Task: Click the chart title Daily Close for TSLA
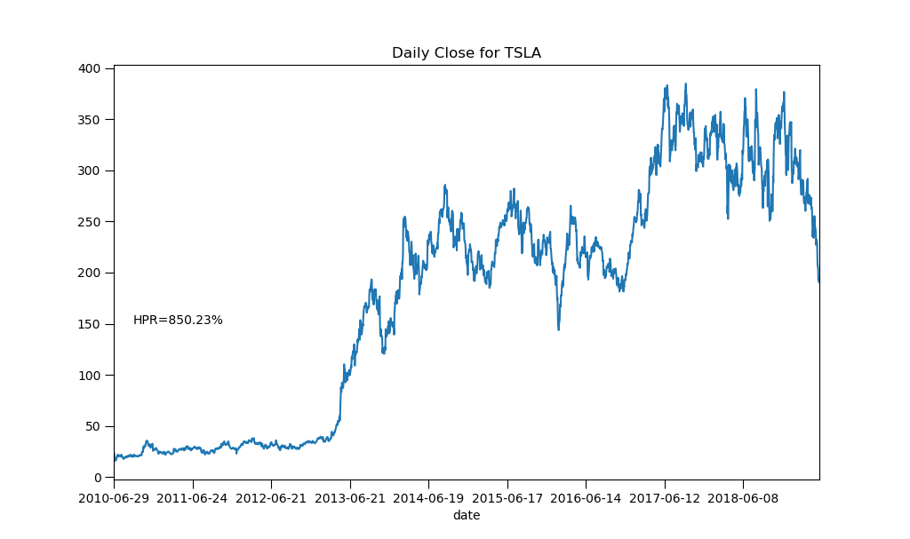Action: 466,53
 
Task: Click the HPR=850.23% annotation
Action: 178,320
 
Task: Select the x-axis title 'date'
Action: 466,515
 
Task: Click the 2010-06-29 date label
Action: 114,499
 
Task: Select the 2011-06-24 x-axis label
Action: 193,499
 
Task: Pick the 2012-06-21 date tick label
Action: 271,499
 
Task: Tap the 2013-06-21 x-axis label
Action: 350,499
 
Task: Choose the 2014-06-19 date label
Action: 428,499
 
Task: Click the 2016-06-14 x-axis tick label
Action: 586,499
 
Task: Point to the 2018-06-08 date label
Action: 743,499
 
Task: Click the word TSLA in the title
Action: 524,53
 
